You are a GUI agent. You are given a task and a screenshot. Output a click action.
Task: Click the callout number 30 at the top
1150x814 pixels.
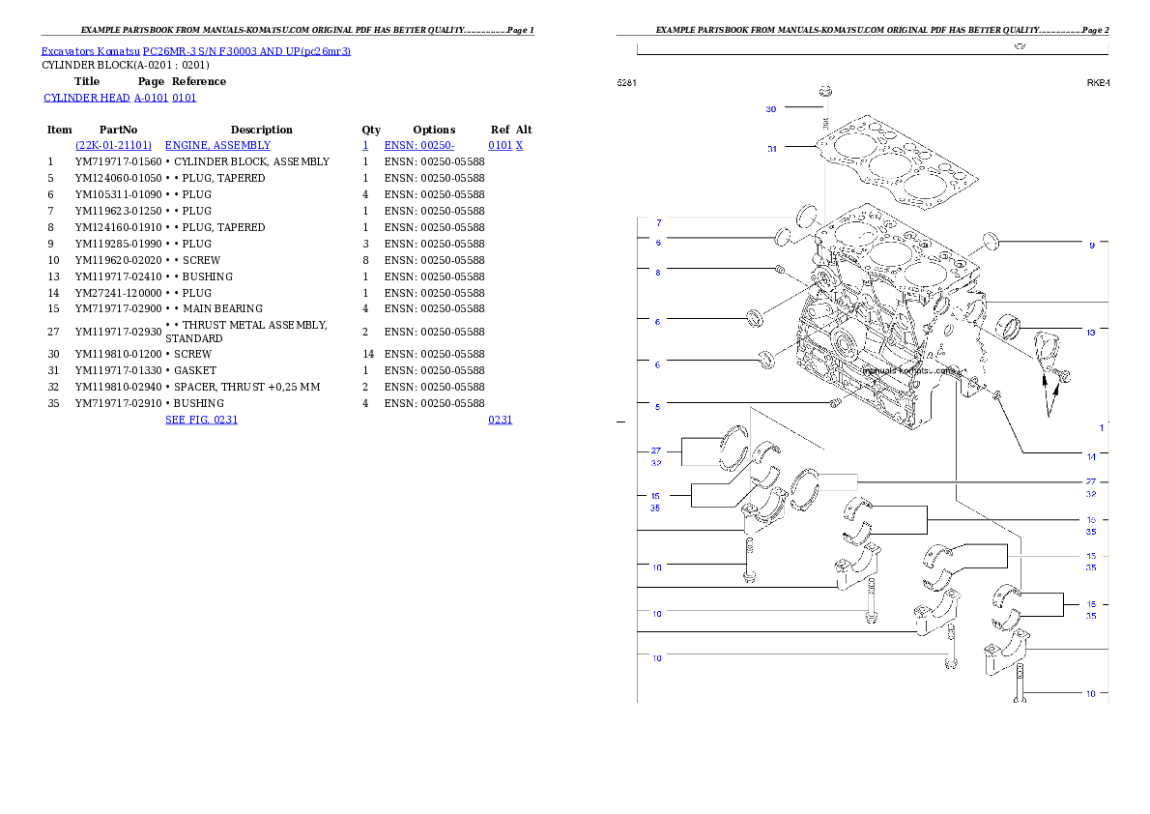pyautogui.click(x=771, y=109)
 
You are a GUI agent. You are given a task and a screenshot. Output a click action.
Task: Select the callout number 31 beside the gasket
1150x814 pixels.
pyautogui.click(x=772, y=149)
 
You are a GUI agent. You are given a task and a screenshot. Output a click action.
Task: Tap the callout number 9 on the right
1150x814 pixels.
pyautogui.click(x=1092, y=246)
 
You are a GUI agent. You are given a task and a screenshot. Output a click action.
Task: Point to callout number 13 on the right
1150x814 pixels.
pyautogui.click(x=1090, y=333)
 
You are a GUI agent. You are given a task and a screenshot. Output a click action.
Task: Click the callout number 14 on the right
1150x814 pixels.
pyautogui.click(x=1091, y=456)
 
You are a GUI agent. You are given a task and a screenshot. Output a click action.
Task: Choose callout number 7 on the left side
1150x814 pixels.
pyautogui.click(x=658, y=223)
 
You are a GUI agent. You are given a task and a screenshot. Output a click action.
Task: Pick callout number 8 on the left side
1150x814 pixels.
pyautogui.click(x=658, y=273)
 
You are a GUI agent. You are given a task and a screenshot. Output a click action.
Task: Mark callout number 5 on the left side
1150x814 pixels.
pyautogui.click(x=658, y=407)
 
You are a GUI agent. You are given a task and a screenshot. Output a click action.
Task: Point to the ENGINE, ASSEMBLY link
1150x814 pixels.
pyautogui.click(x=217, y=145)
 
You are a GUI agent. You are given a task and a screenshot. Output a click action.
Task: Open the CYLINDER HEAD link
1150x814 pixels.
pyautogui.click(x=121, y=99)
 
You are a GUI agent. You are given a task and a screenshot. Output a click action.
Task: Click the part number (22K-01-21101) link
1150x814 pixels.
pyautogui.click(x=114, y=145)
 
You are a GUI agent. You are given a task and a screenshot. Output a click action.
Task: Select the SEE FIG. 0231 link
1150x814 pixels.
pyautogui.click(x=201, y=420)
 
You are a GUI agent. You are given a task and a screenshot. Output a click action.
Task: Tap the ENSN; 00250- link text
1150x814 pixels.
pyautogui.click(x=419, y=145)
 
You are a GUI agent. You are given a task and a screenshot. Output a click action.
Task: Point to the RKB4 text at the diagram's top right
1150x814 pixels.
pyautogui.click(x=1098, y=83)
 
